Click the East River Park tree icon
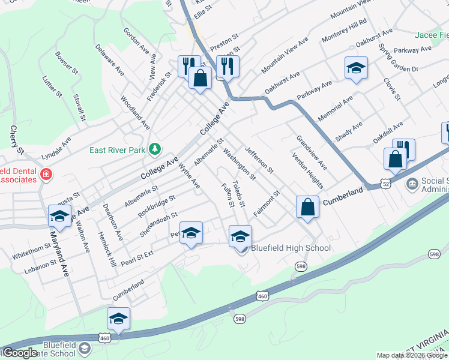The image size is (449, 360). (155, 148)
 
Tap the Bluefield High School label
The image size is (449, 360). (291, 248)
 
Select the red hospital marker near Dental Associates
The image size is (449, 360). (46, 175)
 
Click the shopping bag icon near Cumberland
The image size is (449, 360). (307, 208)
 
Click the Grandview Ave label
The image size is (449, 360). (312, 151)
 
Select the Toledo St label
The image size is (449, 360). (238, 194)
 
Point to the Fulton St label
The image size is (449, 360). (228, 196)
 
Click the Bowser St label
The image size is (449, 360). (67, 62)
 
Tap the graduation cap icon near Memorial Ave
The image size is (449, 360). (356, 69)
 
